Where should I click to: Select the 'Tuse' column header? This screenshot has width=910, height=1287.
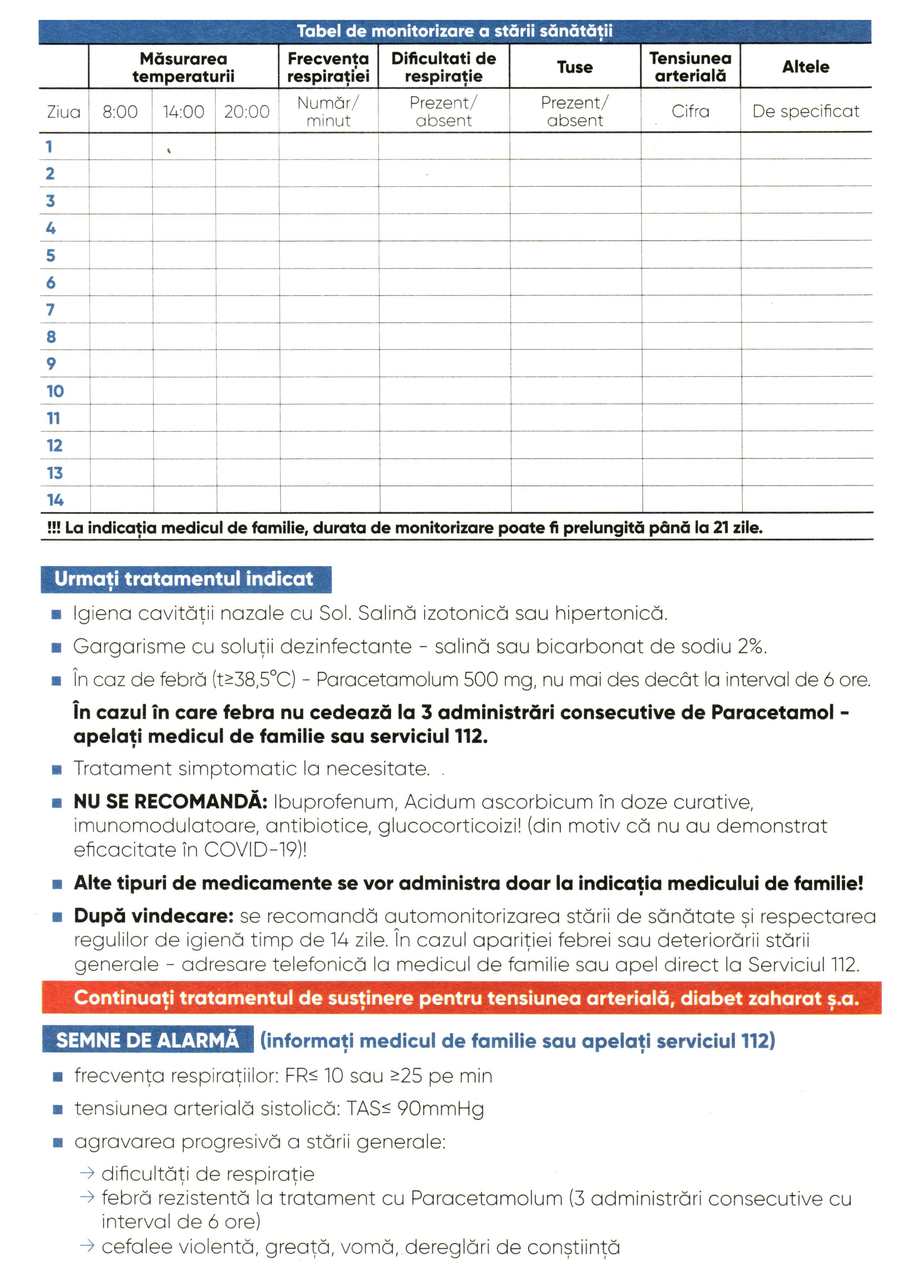(x=575, y=67)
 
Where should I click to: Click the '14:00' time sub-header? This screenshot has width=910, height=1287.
(x=183, y=112)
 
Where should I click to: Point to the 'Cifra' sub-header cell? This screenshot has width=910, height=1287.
(x=690, y=112)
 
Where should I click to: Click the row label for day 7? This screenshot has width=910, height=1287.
(x=51, y=309)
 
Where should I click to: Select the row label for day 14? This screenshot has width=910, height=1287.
(x=55, y=500)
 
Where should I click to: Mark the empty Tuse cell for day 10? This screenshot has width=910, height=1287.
(x=576, y=391)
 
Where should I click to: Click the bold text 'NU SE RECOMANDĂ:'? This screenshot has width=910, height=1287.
(x=170, y=802)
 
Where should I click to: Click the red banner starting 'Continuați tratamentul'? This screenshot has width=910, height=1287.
(x=461, y=998)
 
